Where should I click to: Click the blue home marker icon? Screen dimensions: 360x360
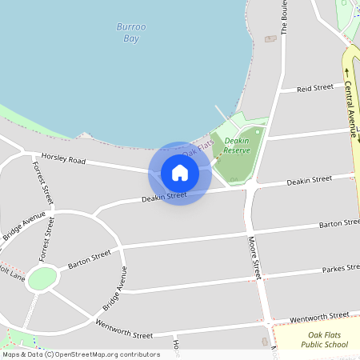pos(180,173)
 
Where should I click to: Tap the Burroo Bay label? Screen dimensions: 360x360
pos(131,32)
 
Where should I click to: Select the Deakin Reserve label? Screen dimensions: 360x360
pos(237,145)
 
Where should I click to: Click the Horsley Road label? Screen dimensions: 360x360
pos(63,159)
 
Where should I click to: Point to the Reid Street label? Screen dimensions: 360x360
pos(314,87)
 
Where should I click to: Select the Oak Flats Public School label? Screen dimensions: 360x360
pos(325,338)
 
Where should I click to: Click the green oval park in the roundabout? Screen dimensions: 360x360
pos(42,278)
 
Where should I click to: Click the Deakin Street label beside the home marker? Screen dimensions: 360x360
pos(163,196)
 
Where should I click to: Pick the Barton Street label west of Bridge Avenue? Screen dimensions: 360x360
pos(89,259)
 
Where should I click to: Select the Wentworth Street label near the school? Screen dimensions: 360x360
pos(319,318)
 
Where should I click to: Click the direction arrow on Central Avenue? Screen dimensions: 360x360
pos(348,70)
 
